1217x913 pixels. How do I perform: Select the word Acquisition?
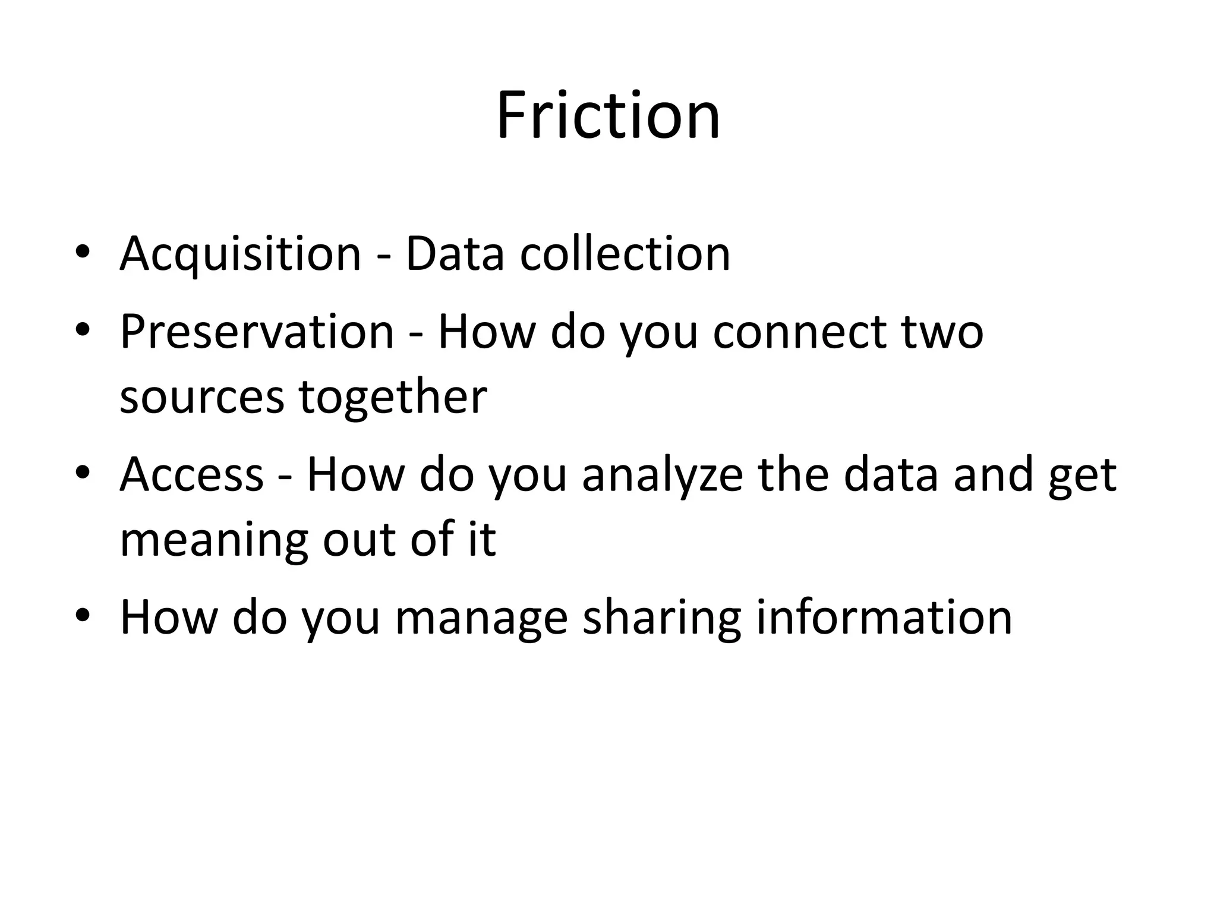click(240, 254)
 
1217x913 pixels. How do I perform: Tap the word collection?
click(625, 254)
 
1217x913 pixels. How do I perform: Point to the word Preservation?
click(257, 332)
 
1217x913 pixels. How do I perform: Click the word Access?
click(191, 475)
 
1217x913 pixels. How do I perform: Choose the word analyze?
click(662, 475)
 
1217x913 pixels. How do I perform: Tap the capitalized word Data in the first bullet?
click(455, 254)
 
